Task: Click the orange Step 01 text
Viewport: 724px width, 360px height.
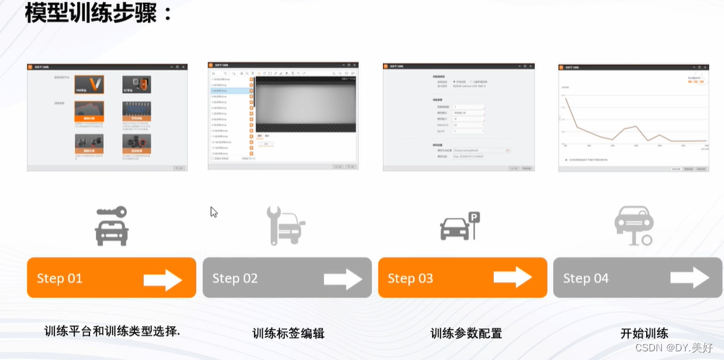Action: (60, 278)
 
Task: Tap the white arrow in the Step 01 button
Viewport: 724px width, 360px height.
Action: (163, 278)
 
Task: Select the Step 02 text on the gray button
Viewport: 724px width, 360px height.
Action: (235, 278)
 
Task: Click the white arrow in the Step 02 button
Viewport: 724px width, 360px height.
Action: (343, 278)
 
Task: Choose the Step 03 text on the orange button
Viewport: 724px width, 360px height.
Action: (410, 278)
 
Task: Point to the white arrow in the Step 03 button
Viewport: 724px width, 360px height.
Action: (513, 278)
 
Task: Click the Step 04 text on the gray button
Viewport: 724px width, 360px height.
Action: (586, 278)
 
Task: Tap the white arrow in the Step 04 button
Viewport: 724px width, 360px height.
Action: (689, 278)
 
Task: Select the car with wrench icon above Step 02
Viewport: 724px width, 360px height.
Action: (286, 224)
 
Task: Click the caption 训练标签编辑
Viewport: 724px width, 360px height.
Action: (288, 333)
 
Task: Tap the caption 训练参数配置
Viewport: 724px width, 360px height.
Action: (466, 333)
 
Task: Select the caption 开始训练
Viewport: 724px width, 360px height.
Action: (644, 333)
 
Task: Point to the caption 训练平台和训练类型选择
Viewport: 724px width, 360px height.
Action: (112, 332)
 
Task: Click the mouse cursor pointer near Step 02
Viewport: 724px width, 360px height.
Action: (213, 211)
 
